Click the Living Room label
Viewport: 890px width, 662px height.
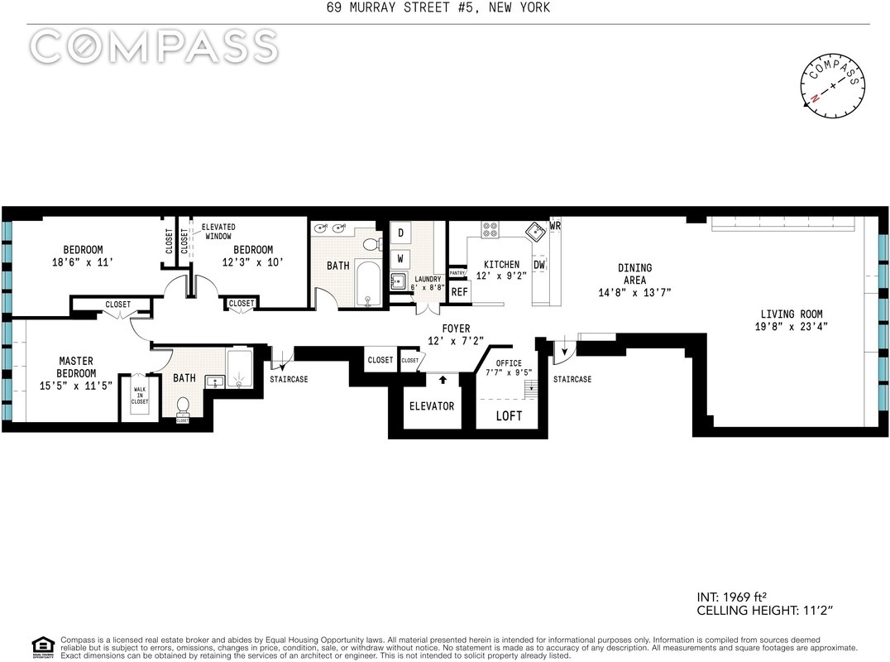[x=792, y=314]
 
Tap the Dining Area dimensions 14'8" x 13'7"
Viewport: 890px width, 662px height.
[x=634, y=293]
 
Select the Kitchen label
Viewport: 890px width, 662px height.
[x=501, y=265]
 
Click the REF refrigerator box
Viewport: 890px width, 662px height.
[x=460, y=292]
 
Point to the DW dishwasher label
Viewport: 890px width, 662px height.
[x=539, y=265]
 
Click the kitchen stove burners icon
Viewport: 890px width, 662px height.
[x=490, y=229]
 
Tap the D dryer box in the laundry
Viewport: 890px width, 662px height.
[x=400, y=233]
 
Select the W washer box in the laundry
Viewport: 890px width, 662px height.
[x=400, y=259]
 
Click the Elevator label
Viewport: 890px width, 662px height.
[x=432, y=406]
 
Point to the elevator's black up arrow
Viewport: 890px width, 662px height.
[x=443, y=379]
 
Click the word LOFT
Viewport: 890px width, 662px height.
[x=509, y=416]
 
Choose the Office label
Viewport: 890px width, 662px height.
[x=509, y=363]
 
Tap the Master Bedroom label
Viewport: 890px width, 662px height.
[x=76, y=367]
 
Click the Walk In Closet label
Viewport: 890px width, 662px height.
[x=140, y=396]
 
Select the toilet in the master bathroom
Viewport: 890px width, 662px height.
[x=183, y=407]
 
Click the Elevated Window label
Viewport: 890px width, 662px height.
[x=218, y=232]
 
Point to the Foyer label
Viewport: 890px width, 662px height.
[x=457, y=329]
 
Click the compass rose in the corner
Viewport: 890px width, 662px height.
[x=833, y=86]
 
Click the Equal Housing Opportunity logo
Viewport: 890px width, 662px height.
[x=43, y=646]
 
